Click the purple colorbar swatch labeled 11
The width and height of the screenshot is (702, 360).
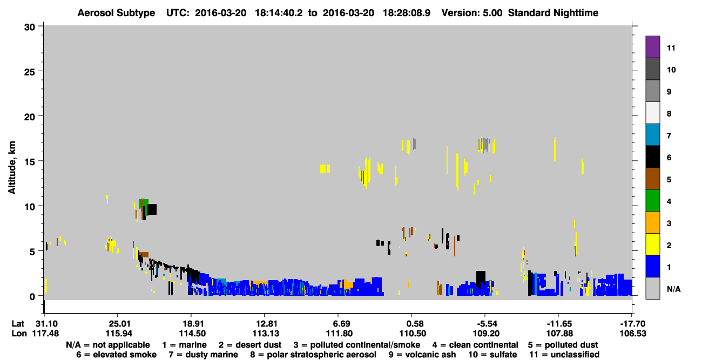[652, 47]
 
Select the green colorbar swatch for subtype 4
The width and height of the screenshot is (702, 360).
[652, 201]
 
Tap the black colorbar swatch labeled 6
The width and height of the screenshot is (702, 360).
[652, 157]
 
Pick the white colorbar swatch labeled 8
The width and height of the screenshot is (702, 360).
[652, 113]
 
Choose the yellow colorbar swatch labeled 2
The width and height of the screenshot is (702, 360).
[652, 244]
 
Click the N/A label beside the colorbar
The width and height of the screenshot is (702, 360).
[673, 289]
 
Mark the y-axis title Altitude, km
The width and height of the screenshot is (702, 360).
[12, 167]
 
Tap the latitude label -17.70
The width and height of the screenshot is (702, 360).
[633, 324]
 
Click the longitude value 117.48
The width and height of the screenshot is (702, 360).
[45, 334]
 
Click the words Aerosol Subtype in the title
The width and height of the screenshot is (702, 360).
[116, 13]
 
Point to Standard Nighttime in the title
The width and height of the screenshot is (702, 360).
[553, 13]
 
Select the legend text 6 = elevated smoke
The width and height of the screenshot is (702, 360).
[116, 355]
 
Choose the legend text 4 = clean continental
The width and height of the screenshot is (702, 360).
[475, 345]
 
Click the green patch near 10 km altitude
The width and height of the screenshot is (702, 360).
[144, 203]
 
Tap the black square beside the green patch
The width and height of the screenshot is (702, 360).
[152, 209]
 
